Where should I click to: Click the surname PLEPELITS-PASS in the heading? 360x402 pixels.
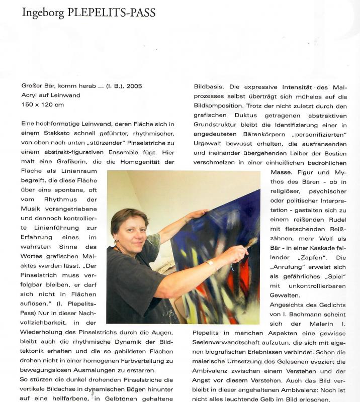tap(115, 13)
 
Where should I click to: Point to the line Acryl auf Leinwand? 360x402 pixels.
tap(51, 95)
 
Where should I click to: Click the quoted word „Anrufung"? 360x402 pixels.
tap(287, 266)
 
